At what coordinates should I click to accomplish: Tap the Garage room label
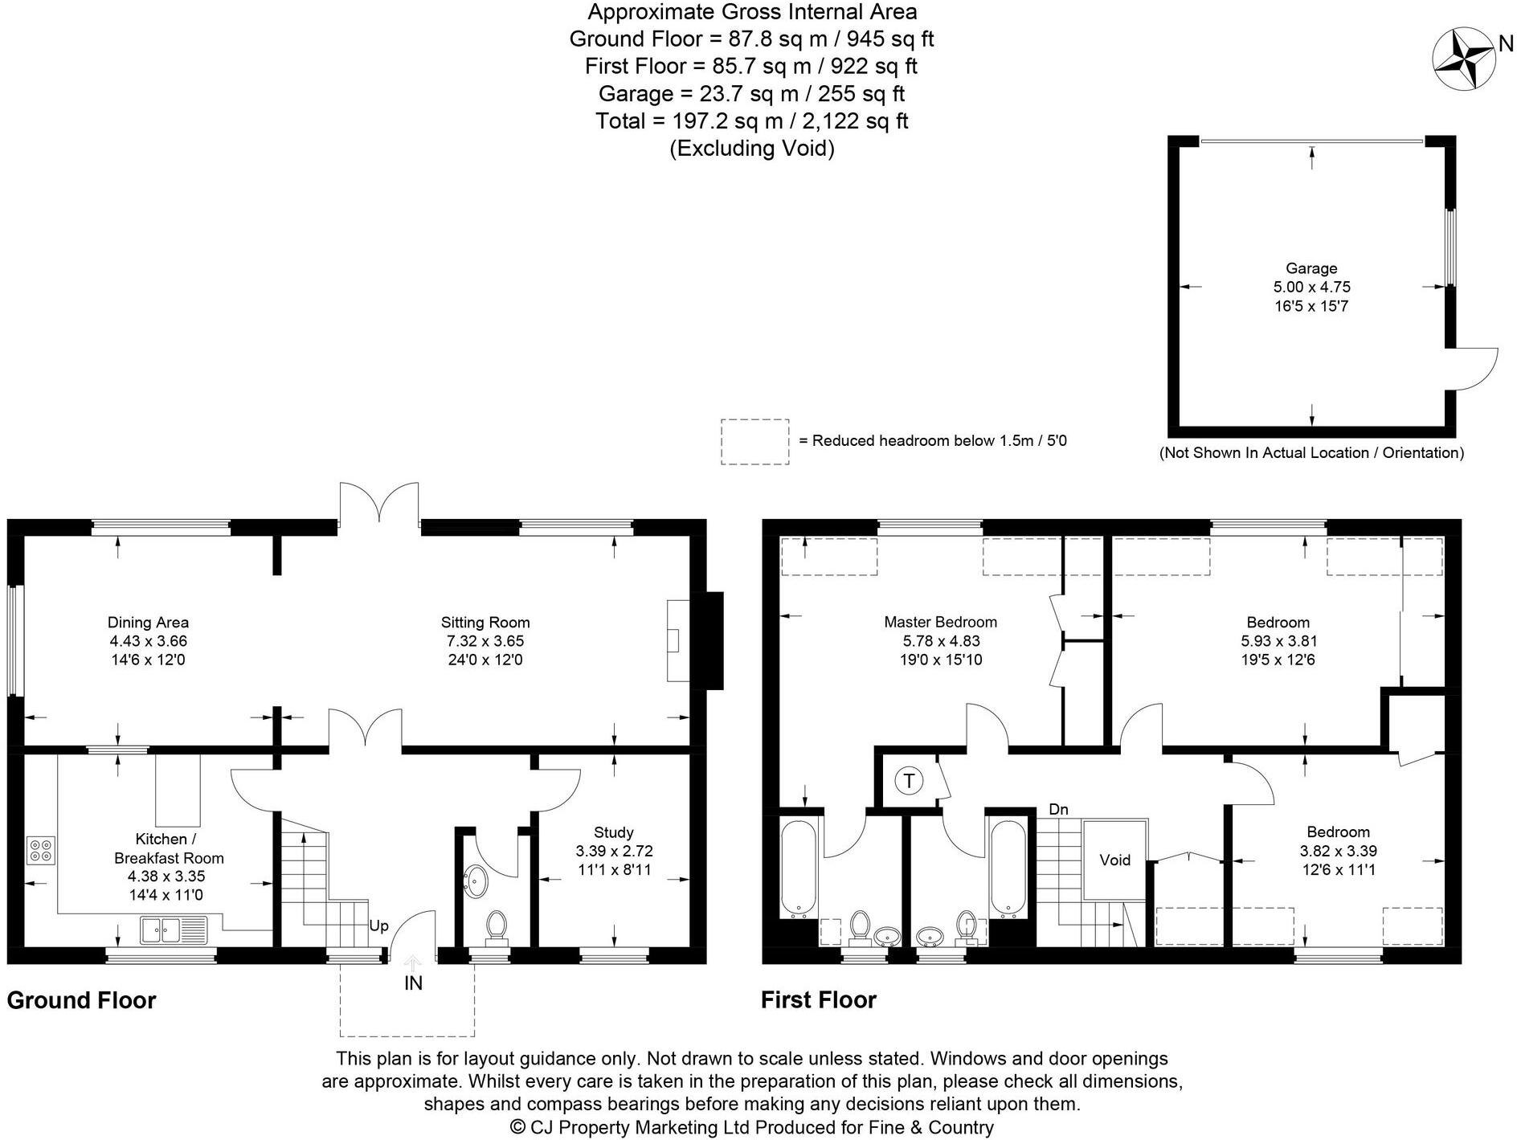pyautogui.click(x=1311, y=268)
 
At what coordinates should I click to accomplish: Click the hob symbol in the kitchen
pyautogui.click(x=41, y=850)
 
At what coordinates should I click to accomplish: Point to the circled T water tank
pyautogui.click(x=909, y=780)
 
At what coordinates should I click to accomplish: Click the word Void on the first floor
pyautogui.click(x=1114, y=860)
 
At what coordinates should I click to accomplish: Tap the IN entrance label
pyautogui.click(x=413, y=983)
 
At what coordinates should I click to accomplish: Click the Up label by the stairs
pyautogui.click(x=378, y=925)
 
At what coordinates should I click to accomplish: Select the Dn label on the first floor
pyautogui.click(x=1058, y=809)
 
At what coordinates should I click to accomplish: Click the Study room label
pyautogui.click(x=613, y=832)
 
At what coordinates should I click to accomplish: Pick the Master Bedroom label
pyautogui.click(x=940, y=622)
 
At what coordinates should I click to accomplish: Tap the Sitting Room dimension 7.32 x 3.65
pyautogui.click(x=485, y=641)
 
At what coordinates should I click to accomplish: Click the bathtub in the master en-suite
pyautogui.click(x=799, y=868)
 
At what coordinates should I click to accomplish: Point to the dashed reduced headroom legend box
pyautogui.click(x=754, y=441)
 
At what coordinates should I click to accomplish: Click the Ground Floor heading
pyautogui.click(x=81, y=1000)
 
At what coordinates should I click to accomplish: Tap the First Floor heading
pyautogui.click(x=818, y=1000)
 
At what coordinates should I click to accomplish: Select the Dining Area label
pyautogui.click(x=148, y=622)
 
